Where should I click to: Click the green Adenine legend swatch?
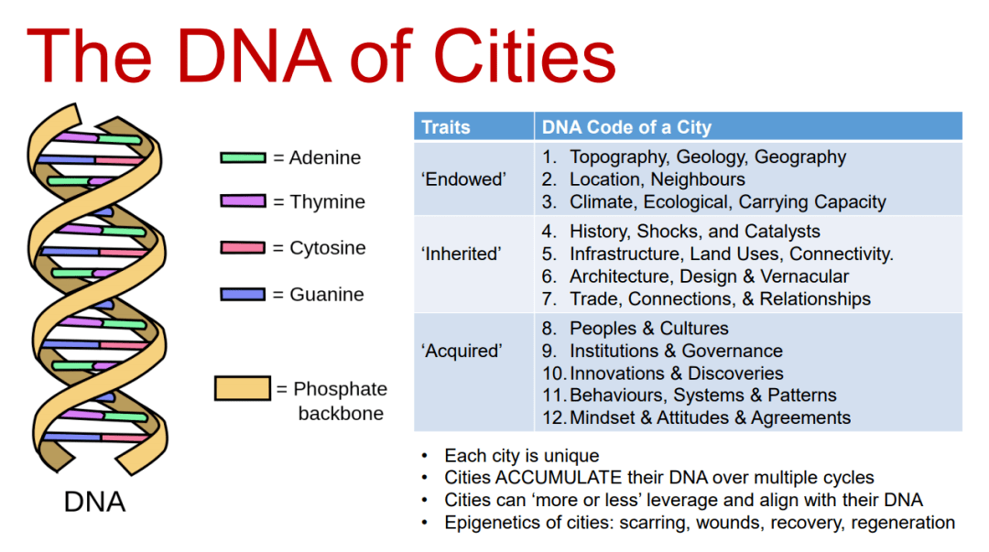point(243,157)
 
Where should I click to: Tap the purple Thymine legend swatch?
point(243,201)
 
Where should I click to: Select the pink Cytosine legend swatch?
point(243,247)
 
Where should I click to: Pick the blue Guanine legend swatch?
point(243,294)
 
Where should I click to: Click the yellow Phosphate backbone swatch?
point(242,388)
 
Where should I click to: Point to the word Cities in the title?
point(525,57)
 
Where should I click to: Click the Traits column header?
point(446,127)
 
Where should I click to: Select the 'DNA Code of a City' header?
point(626,127)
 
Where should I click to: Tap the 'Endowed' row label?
point(463,179)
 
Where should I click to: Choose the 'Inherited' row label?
point(461,254)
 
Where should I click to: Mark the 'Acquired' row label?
point(462,351)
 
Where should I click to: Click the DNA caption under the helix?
point(94,503)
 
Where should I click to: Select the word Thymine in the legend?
point(327,202)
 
